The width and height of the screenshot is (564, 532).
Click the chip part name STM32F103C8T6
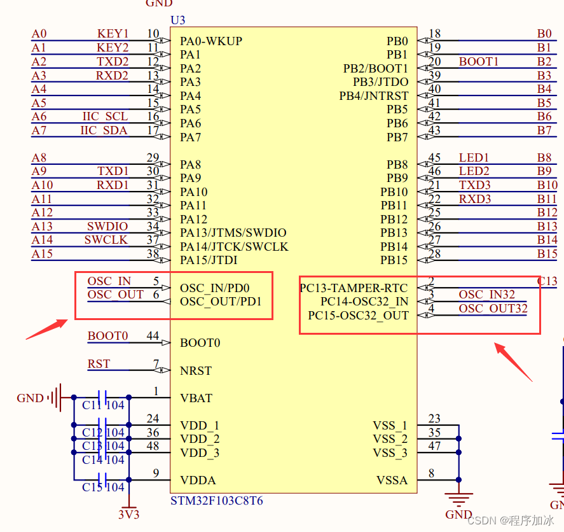click(216, 501)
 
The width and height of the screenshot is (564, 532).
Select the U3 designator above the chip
click(178, 20)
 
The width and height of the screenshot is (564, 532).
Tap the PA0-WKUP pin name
click(211, 41)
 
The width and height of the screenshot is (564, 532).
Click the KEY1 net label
click(113, 34)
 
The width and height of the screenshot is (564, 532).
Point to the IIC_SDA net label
click(104, 130)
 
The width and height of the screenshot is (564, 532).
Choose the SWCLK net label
click(106, 240)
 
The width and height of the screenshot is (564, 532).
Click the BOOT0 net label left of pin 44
click(107, 336)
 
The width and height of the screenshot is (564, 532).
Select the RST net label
click(99, 364)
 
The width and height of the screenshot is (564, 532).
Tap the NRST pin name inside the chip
click(196, 371)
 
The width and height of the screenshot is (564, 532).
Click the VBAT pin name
click(196, 398)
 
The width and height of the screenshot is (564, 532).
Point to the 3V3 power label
click(128, 514)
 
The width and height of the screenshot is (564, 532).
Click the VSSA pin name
click(392, 480)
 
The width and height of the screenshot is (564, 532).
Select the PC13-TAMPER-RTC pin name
click(354, 288)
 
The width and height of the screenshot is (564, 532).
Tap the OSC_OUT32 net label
click(493, 309)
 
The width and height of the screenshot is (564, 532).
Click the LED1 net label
click(474, 158)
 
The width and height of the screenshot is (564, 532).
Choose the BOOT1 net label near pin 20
click(479, 62)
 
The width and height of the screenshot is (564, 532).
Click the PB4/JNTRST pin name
click(374, 96)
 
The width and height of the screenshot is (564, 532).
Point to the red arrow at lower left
click(46, 329)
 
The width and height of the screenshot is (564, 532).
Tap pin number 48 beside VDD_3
click(153, 446)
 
